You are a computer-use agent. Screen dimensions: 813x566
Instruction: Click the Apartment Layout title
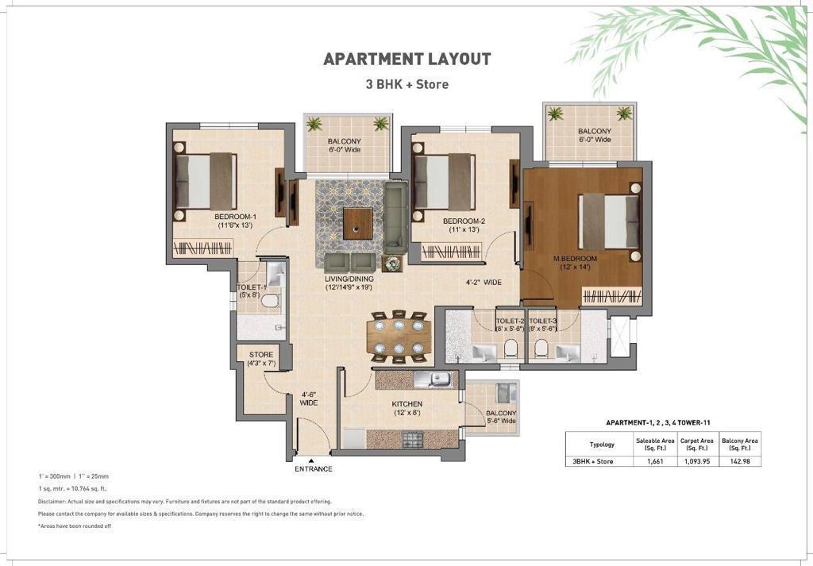pos(407,59)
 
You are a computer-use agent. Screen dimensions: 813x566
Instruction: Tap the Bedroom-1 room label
pos(235,217)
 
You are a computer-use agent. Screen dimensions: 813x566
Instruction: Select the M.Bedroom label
pos(575,259)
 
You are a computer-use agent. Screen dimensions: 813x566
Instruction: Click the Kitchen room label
pos(407,404)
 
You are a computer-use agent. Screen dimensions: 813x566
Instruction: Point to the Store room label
pos(261,355)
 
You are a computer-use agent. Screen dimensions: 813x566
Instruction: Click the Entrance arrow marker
pos(311,460)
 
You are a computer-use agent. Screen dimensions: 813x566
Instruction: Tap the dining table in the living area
pos(399,337)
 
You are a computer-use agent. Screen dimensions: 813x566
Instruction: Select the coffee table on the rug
pos(358,223)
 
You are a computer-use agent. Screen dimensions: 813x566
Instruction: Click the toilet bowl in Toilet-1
pos(270,300)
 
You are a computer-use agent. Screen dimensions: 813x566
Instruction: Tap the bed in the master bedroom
pos(609,221)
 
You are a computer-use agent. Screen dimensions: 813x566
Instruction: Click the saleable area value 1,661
pos(655,461)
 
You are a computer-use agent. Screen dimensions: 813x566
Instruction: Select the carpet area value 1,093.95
pos(697,461)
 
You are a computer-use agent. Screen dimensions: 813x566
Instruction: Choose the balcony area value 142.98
pos(739,461)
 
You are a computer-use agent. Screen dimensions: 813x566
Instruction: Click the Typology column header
pos(602,445)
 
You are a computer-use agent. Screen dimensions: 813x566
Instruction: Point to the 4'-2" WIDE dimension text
pos(484,283)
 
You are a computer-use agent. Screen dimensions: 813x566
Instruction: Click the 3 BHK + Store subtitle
pos(407,84)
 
